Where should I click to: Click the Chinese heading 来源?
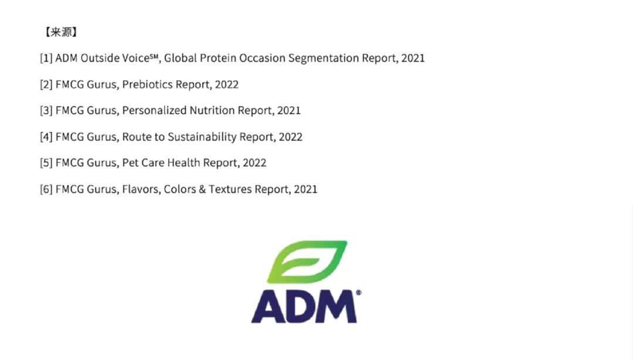click(62, 32)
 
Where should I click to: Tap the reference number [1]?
click(46, 58)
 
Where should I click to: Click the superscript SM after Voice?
click(154, 56)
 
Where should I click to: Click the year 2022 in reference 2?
click(226, 84)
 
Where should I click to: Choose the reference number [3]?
click(46, 111)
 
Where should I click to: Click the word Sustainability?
click(202, 137)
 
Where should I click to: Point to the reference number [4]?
click(46, 137)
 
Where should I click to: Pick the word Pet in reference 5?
click(130, 163)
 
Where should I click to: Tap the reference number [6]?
click(46, 189)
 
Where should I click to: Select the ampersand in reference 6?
click(202, 189)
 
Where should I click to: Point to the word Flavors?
click(141, 189)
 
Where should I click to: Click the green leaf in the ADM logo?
click(307, 262)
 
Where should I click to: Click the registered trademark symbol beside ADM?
click(359, 293)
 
